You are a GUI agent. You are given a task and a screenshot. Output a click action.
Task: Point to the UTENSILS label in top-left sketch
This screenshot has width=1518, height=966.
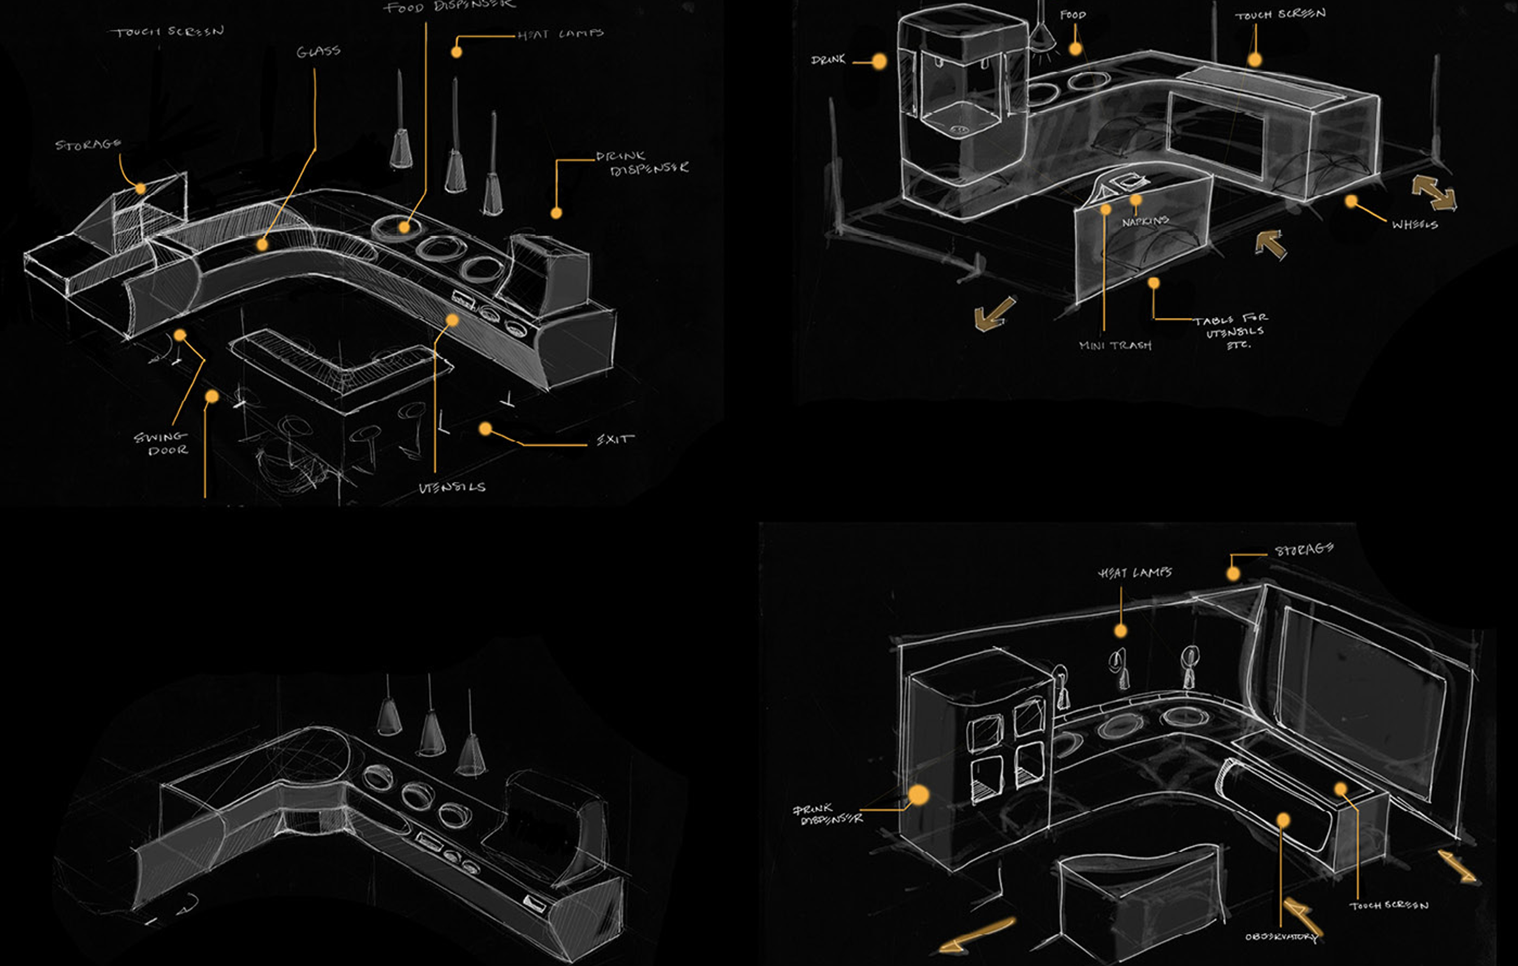pyautogui.click(x=452, y=487)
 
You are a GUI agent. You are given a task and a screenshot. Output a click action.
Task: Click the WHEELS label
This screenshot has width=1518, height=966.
pyautogui.click(x=1415, y=224)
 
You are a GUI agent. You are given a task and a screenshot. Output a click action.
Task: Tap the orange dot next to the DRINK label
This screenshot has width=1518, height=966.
pyautogui.click(x=879, y=61)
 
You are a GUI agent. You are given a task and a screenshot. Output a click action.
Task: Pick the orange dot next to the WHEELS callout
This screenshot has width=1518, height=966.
pyautogui.click(x=1351, y=201)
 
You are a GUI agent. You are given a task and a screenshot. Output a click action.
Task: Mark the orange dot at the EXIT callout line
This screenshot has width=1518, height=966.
pyautogui.click(x=485, y=429)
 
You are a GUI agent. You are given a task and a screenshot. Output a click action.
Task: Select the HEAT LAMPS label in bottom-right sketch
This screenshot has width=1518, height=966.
pyautogui.click(x=1135, y=573)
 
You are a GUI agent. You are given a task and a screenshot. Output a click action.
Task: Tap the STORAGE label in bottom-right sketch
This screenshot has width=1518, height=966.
pyautogui.click(x=1304, y=550)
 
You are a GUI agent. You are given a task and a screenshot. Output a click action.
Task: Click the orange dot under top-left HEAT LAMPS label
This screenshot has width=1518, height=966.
pyautogui.click(x=456, y=52)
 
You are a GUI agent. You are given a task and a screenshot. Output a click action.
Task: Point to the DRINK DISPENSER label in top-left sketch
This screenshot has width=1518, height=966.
pyautogui.click(x=642, y=162)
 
